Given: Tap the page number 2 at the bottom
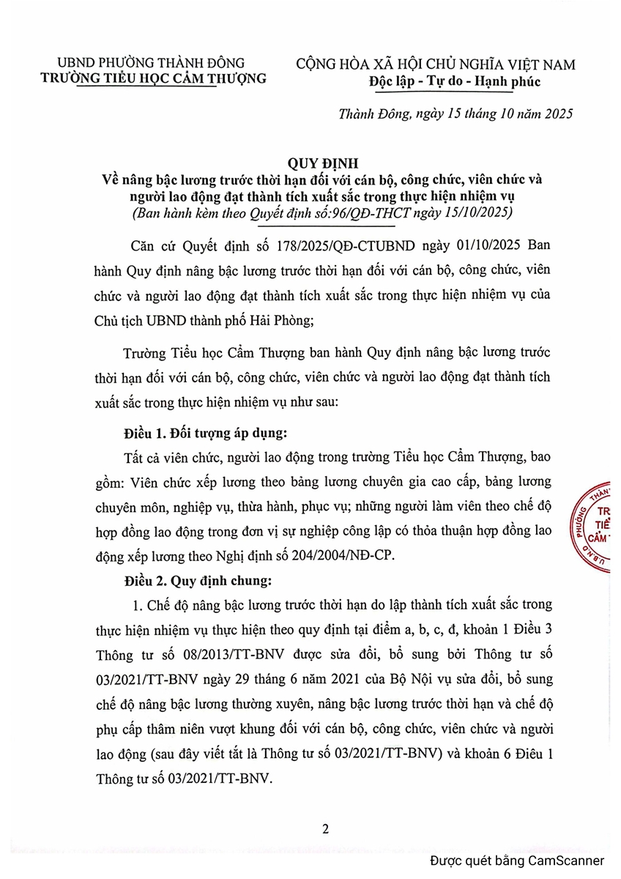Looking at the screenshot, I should tap(325, 829).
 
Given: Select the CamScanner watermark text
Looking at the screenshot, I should tap(517, 861).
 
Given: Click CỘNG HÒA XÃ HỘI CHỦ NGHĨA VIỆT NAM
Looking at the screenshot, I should tap(436, 64).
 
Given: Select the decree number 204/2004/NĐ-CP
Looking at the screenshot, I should tap(341, 556).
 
